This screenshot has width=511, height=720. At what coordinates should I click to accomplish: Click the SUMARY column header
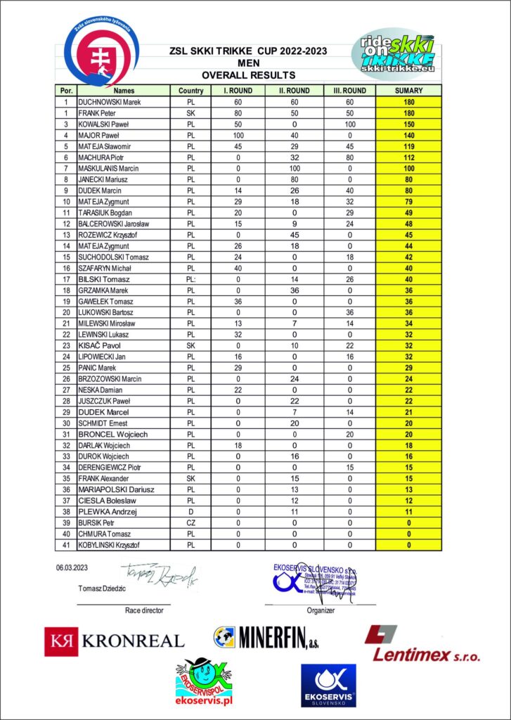pyautogui.click(x=409, y=91)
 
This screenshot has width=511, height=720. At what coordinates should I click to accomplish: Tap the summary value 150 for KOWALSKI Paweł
pyautogui.click(x=409, y=124)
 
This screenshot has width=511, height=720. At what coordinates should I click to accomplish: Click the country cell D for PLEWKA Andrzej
pyautogui.click(x=190, y=512)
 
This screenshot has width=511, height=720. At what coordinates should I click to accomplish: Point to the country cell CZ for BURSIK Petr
pyautogui.click(x=190, y=523)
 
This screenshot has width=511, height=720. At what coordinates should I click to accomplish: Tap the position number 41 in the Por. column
pyautogui.click(x=65, y=545)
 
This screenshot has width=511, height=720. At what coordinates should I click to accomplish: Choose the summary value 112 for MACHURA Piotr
pyautogui.click(x=409, y=157)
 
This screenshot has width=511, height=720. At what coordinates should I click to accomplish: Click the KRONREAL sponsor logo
pyautogui.click(x=115, y=640)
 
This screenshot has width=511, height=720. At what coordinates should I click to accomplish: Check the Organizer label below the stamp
pyautogui.click(x=320, y=610)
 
